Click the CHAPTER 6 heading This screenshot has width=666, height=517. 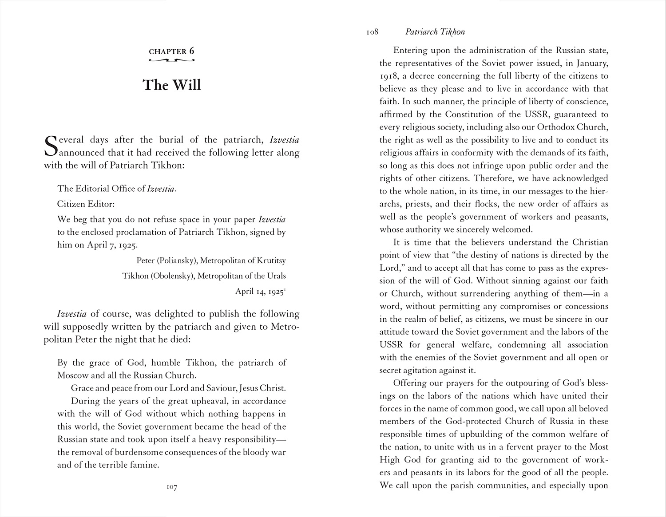(171, 51)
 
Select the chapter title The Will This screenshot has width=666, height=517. (171, 85)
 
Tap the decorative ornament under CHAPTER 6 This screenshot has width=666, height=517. (171, 59)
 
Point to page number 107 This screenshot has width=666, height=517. (172, 487)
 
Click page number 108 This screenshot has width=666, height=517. (372, 32)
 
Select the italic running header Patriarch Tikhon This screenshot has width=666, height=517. (435, 32)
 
